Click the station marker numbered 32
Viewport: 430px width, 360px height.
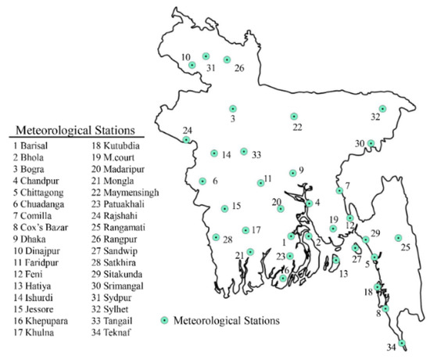point(383,109)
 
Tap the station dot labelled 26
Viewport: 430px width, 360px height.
point(227,59)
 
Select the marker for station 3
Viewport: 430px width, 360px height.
point(232,109)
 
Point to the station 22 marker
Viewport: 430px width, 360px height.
point(294,117)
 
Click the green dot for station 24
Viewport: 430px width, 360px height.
point(186,140)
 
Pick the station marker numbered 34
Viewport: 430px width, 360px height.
point(402,343)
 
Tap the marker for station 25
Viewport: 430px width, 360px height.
point(398,238)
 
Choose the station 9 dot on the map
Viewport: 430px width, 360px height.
point(292,173)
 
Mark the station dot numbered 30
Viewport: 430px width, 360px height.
point(371,143)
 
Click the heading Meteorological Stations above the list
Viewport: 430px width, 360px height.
point(68,129)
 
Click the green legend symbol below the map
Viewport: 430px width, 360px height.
point(164,319)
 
